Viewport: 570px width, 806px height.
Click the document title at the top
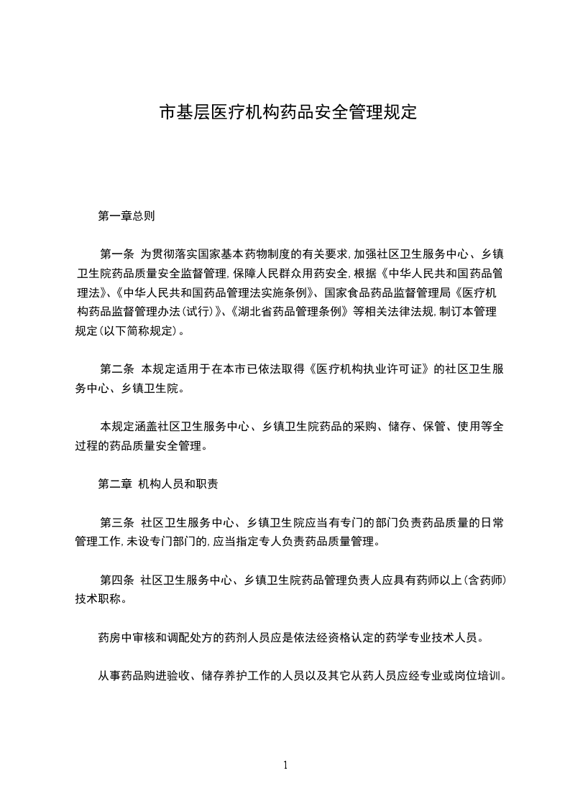tap(288, 113)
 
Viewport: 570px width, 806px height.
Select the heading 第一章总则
tap(126, 215)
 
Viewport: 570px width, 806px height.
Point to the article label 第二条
tap(117, 369)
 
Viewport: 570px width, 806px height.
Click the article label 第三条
tap(117, 522)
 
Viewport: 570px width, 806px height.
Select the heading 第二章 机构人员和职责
tap(158, 483)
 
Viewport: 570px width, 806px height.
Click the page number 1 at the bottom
tap(285, 765)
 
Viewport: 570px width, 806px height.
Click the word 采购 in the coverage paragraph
tap(369, 426)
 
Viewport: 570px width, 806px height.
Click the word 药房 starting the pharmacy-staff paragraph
tap(108, 637)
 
